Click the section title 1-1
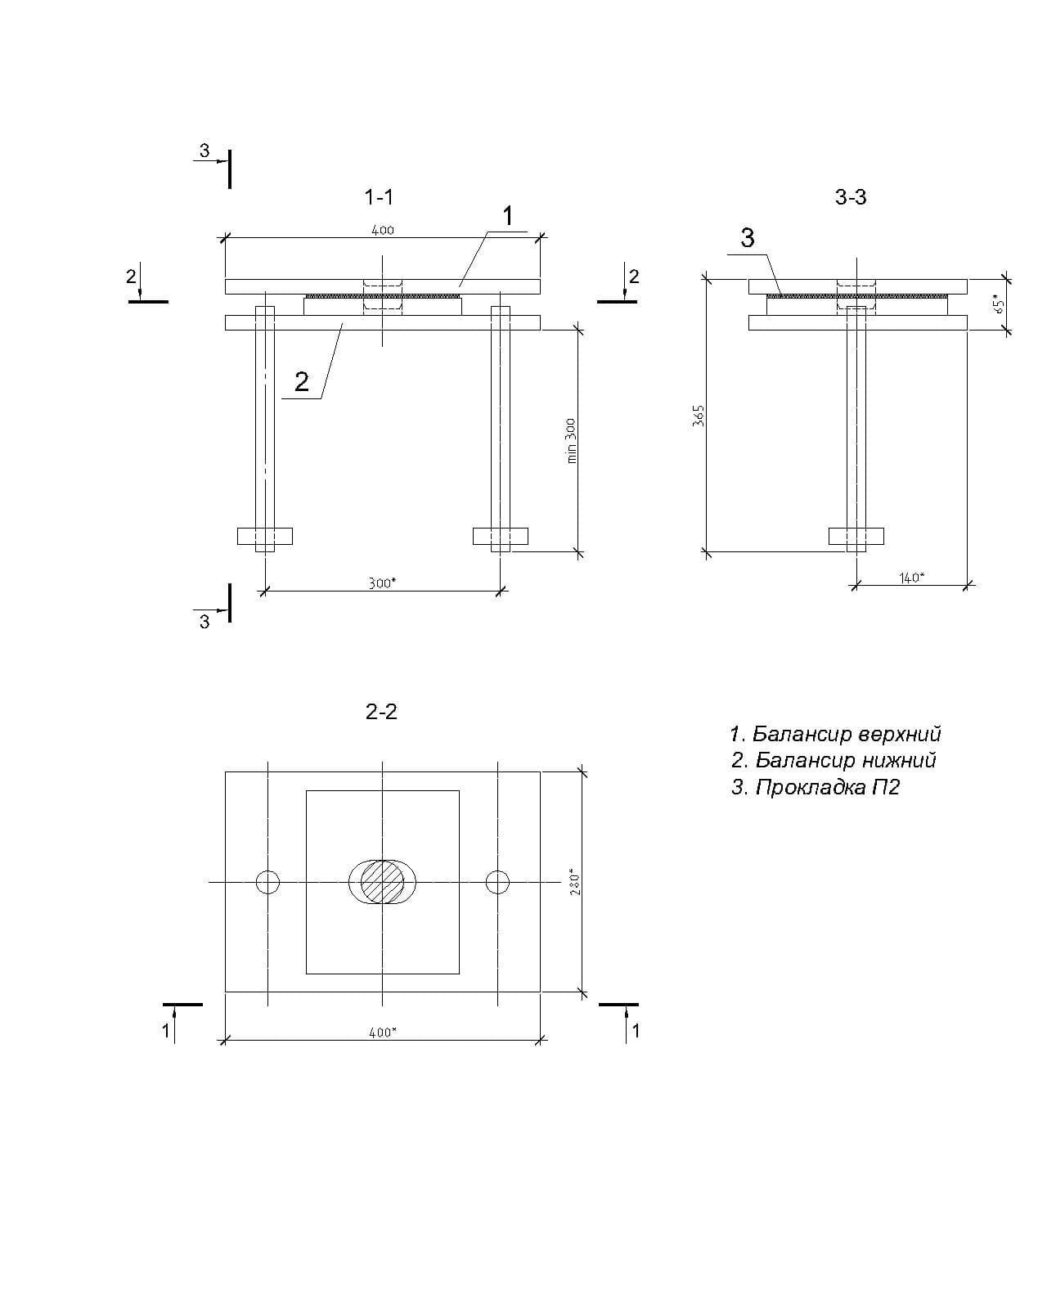[x=379, y=197]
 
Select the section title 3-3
[x=851, y=197]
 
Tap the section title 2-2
[x=381, y=712]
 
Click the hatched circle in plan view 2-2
[x=382, y=881]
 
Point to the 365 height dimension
[x=699, y=416]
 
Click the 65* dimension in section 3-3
[x=999, y=304]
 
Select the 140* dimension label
[x=911, y=578]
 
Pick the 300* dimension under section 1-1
[x=381, y=583]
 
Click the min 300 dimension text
[x=571, y=441]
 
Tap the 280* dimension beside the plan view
[x=576, y=881]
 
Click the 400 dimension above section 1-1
[x=383, y=230]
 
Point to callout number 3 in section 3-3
[x=748, y=238]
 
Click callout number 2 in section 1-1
[x=302, y=382]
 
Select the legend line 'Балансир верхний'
[x=835, y=734]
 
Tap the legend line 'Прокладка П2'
[x=816, y=788]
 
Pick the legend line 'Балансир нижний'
[x=834, y=760]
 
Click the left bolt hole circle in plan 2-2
[x=267, y=882]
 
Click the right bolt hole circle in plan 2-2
[x=497, y=882]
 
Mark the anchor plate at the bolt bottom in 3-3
[x=856, y=536]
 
